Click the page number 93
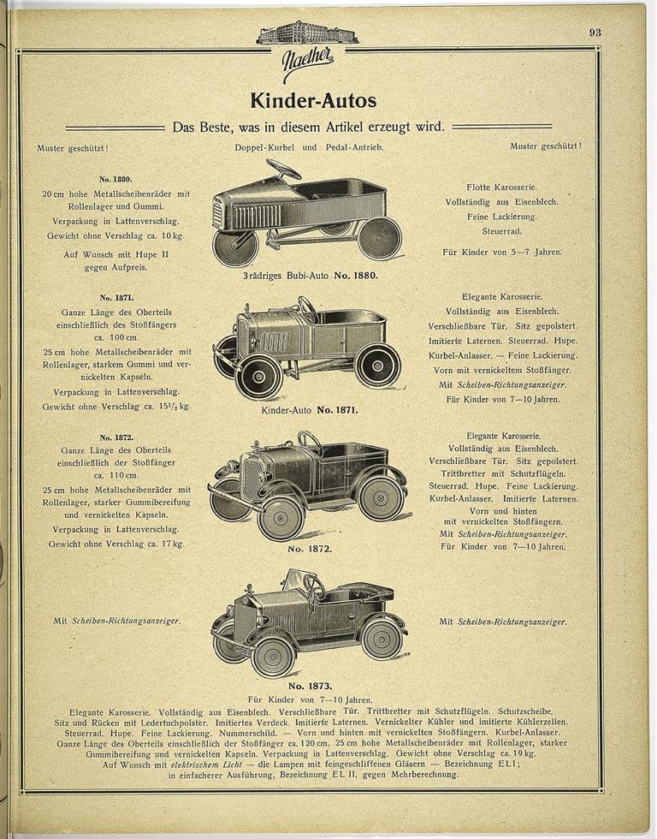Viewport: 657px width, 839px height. (x=595, y=33)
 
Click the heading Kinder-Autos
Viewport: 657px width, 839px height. (x=313, y=100)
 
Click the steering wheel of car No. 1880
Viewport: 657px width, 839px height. (x=282, y=168)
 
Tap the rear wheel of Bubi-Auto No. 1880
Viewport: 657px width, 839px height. (x=379, y=237)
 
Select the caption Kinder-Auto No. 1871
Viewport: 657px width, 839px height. (x=309, y=410)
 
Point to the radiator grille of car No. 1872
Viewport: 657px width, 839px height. (x=253, y=479)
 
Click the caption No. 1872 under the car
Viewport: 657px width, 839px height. (x=309, y=548)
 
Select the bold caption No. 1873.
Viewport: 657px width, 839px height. (x=309, y=686)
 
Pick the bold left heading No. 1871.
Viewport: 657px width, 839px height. (x=116, y=296)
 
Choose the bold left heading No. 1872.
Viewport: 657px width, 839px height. (x=116, y=437)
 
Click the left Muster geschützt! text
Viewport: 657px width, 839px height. (x=73, y=146)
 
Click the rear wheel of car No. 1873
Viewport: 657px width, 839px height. (x=382, y=637)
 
